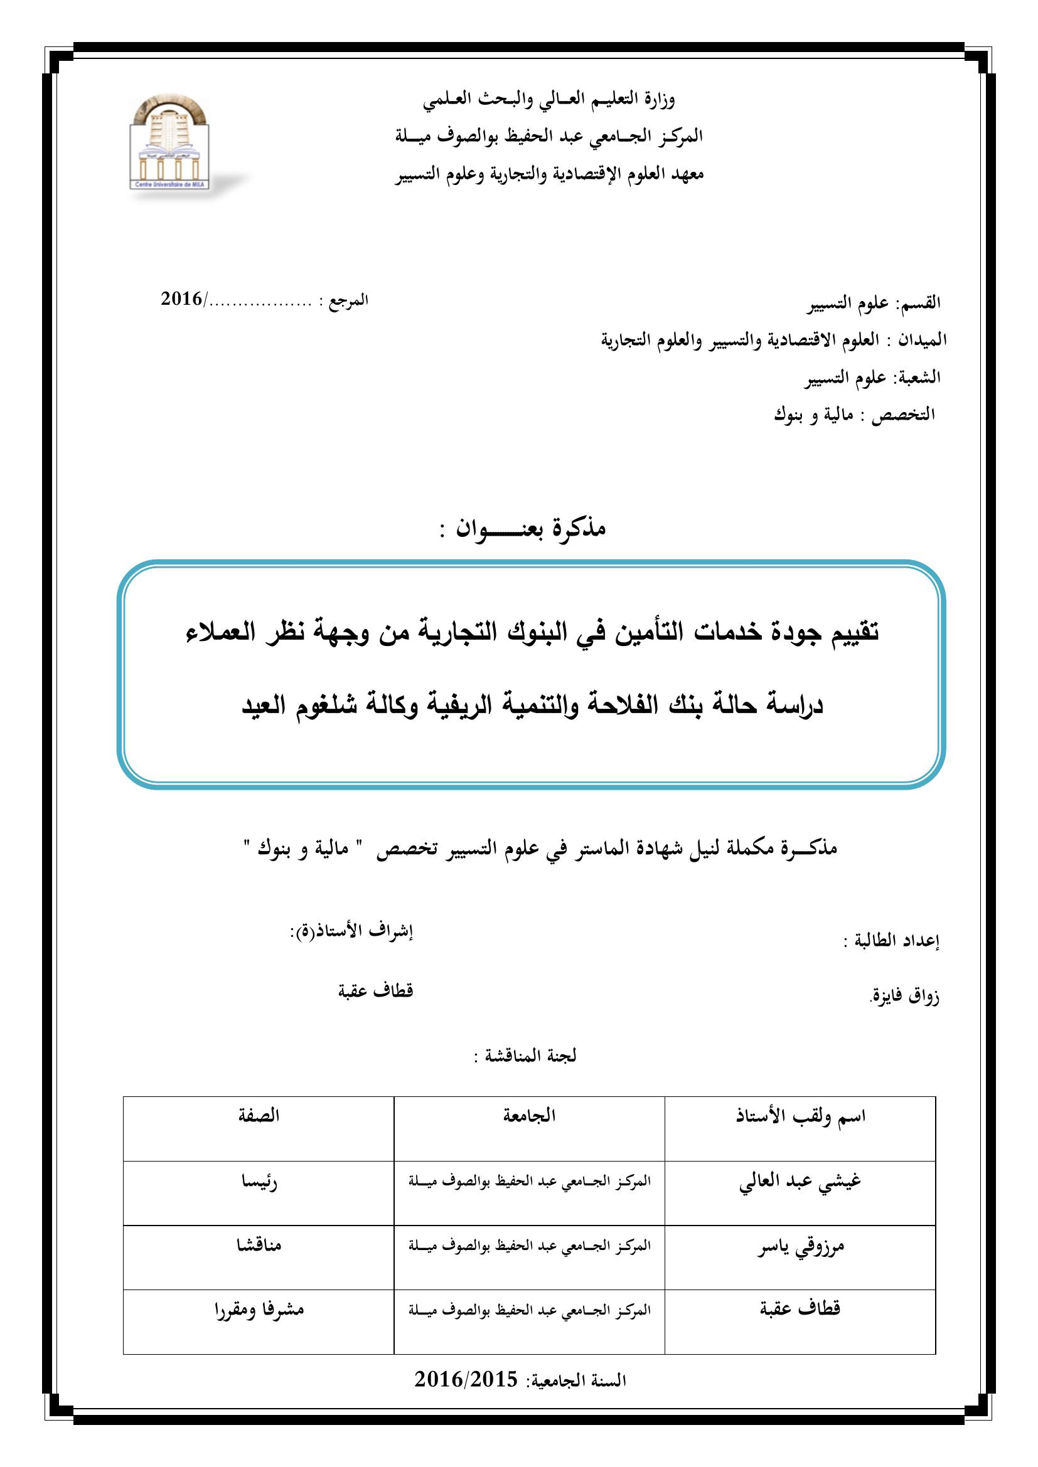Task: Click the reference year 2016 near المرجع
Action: click(x=181, y=299)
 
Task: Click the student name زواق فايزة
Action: click(x=904, y=996)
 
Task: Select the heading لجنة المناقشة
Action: click(x=525, y=1056)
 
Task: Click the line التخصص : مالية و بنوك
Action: click(x=854, y=415)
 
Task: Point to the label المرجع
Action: click(x=345, y=300)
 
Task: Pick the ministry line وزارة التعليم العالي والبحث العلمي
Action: click(x=548, y=99)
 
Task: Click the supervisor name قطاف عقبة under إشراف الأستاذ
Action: click(x=375, y=991)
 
